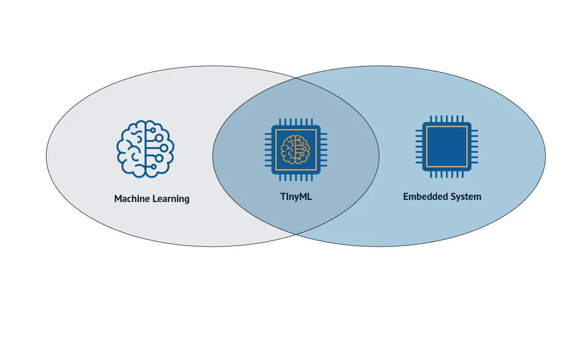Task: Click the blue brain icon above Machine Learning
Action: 145,149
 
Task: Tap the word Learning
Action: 171,199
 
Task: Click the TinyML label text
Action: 296,197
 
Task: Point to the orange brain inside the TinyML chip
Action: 295,148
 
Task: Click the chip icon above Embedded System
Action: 446,146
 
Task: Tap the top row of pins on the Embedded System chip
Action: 446,118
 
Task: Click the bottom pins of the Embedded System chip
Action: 446,175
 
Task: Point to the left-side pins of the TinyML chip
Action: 268,148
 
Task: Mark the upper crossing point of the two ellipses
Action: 295,79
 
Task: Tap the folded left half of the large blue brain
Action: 131,149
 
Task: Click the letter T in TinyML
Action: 282,197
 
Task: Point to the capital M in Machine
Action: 118,199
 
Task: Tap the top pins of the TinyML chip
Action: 295,122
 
